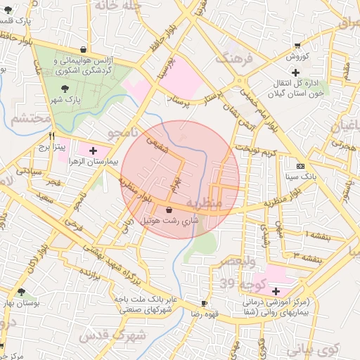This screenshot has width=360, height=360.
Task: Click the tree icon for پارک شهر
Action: click(65, 89)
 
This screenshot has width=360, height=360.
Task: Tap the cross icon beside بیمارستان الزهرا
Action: click(93, 150)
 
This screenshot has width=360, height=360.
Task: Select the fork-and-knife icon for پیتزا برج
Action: click(51, 136)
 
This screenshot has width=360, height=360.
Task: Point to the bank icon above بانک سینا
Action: click(301, 166)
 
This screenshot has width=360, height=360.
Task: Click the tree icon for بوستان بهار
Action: click(21, 291)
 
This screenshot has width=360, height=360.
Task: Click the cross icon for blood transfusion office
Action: click(295, 72)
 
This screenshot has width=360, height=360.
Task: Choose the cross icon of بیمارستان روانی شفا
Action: click(275, 291)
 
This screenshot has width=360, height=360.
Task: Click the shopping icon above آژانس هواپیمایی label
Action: click(84, 50)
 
